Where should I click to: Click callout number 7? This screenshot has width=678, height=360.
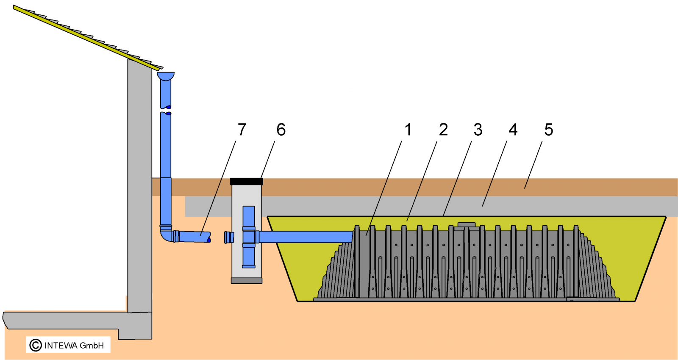pyautogui.click(x=242, y=129)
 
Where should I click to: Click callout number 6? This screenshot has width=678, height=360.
pyautogui.click(x=281, y=129)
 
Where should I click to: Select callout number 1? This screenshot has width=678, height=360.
pyautogui.click(x=408, y=129)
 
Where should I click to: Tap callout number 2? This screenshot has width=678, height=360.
pyautogui.click(x=443, y=129)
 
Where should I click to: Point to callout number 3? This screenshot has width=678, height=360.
pyautogui.click(x=478, y=129)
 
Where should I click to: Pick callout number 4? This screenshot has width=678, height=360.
pyautogui.click(x=513, y=129)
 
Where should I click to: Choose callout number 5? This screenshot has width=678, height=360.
pyautogui.click(x=549, y=129)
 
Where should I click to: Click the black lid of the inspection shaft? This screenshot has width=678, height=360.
pyautogui.click(x=246, y=181)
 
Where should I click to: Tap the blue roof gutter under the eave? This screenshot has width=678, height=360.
pyautogui.click(x=166, y=76)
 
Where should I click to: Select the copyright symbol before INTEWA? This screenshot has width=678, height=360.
pyautogui.click(x=36, y=345)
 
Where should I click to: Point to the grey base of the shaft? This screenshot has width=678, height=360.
pyautogui.click(x=246, y=281)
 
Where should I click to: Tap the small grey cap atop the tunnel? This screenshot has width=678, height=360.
pyautogui.click(x=467, y=224)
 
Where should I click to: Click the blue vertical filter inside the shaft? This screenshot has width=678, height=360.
pyautogui.click(x=249, y=237)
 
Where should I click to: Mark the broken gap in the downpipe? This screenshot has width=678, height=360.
pyautogui.click(x=166, y=111)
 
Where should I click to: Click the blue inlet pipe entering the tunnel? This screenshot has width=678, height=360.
pyautogui.click(x=305, y=237)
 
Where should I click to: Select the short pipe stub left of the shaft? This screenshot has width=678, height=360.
pyautogui.click(x=229, y=237)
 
